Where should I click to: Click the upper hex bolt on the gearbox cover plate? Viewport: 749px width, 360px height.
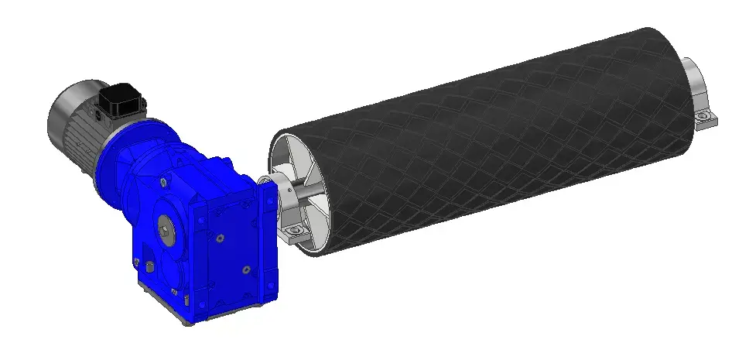(221, 239)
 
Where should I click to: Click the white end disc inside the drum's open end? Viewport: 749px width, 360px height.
(290, 159)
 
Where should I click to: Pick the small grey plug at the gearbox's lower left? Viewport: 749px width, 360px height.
(143, 266)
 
